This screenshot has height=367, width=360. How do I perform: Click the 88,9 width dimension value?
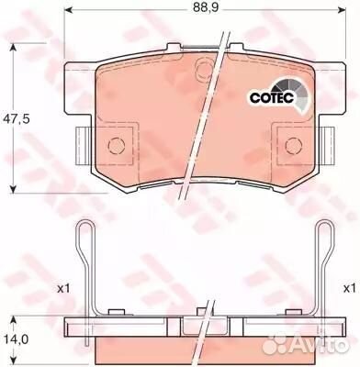206,7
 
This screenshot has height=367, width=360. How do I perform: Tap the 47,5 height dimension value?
17,118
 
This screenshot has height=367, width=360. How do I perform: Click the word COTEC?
272,97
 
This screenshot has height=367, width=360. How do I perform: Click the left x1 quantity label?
64,288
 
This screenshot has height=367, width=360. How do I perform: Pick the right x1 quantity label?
350,288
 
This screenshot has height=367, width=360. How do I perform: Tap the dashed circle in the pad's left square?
117,145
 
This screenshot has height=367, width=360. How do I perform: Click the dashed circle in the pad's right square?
294,145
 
